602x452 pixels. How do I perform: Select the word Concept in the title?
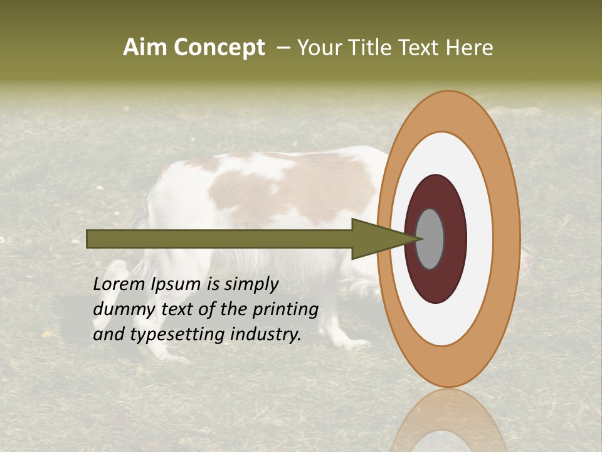[219, 47]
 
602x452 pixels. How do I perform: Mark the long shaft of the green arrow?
[219, 239]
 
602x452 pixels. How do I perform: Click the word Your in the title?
[319, 47]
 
